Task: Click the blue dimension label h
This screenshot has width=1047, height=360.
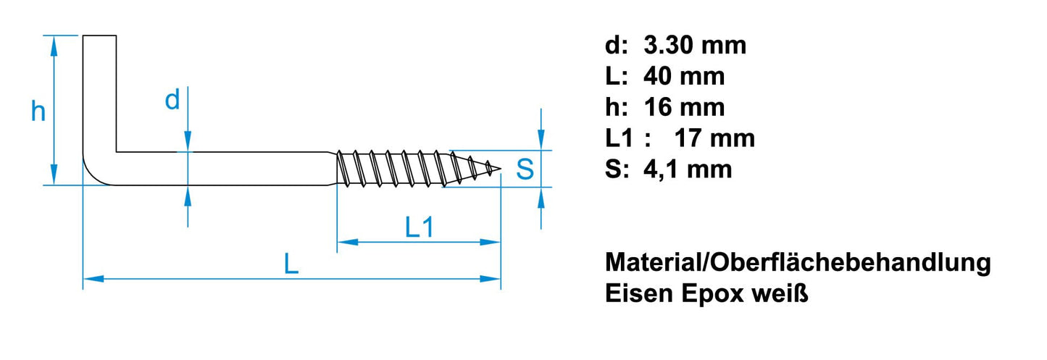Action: tap(38, 112)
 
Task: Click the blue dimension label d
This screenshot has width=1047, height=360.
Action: tap(172, 101)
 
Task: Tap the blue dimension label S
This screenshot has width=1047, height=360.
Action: tap(525, 169)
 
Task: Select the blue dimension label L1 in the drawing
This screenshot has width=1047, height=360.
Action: tap(419, 228)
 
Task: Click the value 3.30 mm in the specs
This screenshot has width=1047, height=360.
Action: tap(695, 46)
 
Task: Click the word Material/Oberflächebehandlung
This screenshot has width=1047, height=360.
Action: tap(798, 263)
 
